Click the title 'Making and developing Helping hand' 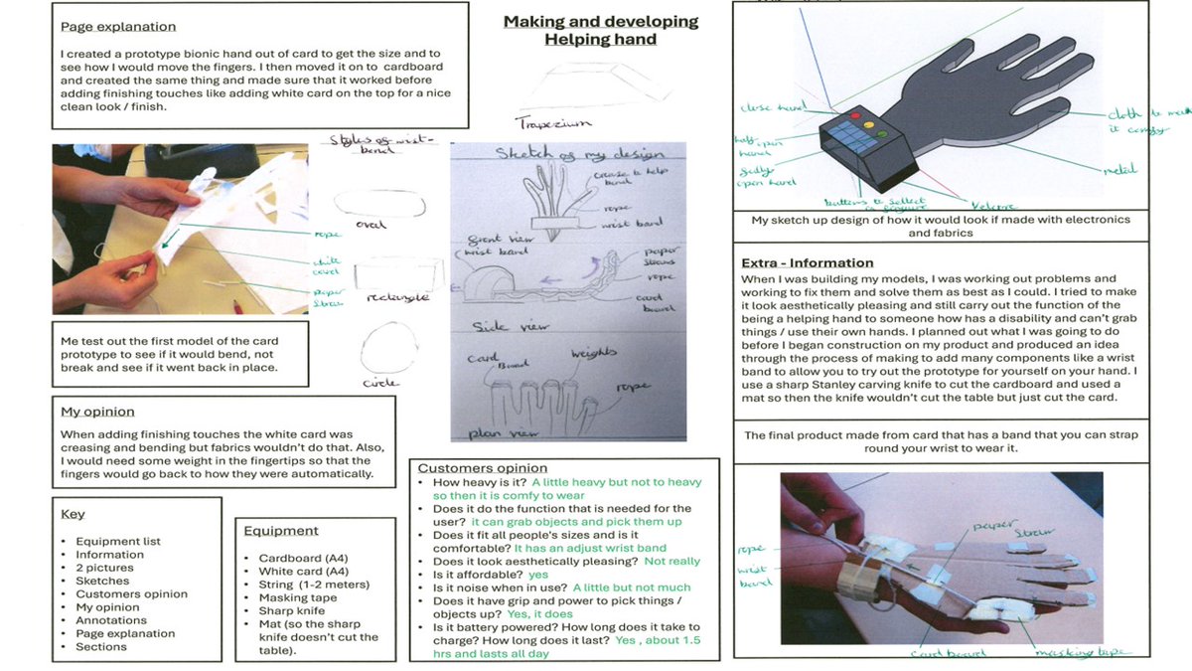(600, 30)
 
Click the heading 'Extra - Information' (808, 262)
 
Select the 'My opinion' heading (97, 412)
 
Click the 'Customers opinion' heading (482, 467)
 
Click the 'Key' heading (73, 514)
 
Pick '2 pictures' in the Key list (104, 568)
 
